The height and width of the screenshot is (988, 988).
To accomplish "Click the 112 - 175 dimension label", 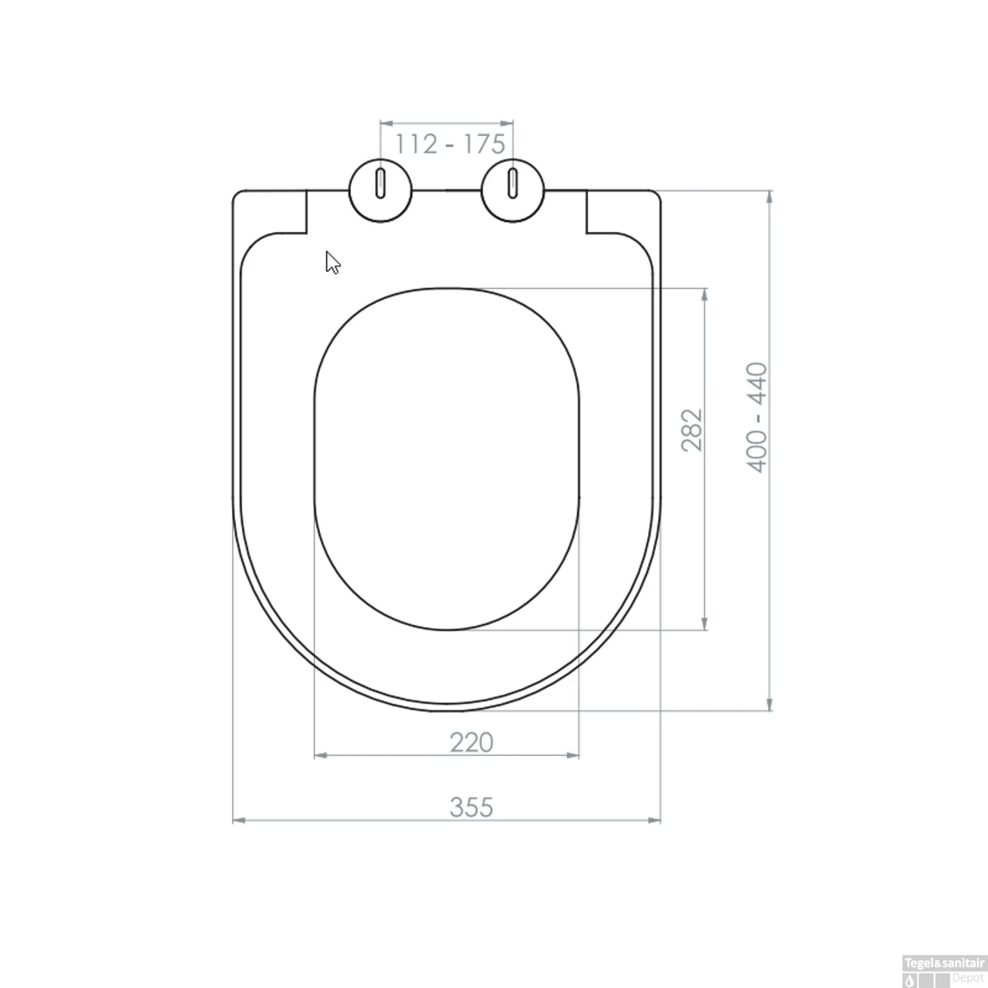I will point(450,144).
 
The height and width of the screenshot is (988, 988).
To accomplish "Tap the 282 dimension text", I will point(692,430).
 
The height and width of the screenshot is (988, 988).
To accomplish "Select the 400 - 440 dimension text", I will point(757,417).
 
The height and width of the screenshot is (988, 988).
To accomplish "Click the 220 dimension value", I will point(471,742).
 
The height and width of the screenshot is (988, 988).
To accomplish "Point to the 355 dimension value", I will point(471,807).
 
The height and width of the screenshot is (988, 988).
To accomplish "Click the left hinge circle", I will point(380,190).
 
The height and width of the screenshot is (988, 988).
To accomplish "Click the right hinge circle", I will point(513,190).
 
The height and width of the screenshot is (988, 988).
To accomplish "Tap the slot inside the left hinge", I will point(380,182).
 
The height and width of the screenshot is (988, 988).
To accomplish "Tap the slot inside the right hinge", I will point(513,182).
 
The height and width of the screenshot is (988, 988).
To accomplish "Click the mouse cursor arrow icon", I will point(333,262).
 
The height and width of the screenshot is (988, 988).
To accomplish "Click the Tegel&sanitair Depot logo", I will point(944,971).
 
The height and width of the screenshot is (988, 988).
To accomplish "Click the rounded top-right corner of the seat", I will point(656,195).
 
